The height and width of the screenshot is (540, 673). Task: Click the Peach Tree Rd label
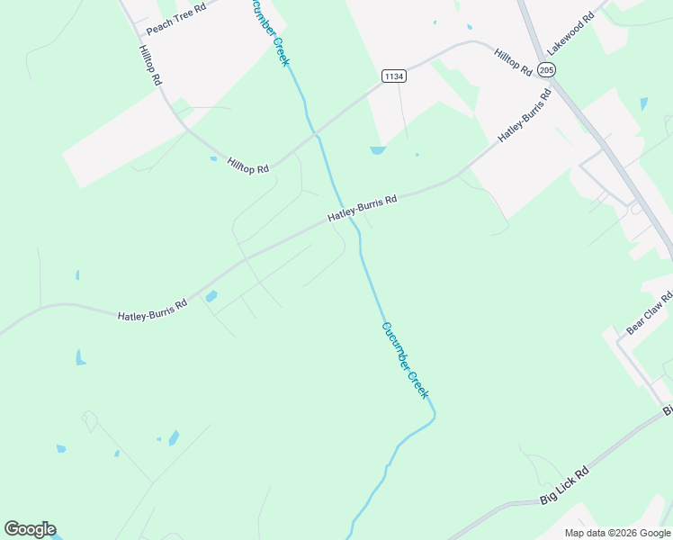point(176,18)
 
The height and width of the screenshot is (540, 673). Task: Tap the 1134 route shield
point(393,76)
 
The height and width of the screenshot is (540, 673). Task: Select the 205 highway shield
point(546,69)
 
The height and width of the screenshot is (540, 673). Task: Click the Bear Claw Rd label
point(649,313)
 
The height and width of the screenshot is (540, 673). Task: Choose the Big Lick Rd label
point(564,485)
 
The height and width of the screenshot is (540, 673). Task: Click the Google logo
point(30,529)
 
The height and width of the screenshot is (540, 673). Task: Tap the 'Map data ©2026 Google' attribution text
point(617,533)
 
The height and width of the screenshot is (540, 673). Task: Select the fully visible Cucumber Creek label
point(405,361)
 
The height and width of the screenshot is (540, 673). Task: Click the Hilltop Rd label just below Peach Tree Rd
point(149,66)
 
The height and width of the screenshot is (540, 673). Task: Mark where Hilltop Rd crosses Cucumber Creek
point(316,134)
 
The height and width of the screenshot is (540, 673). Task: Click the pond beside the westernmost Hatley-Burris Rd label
point(211,296)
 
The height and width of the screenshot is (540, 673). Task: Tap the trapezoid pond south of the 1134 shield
point(377,150)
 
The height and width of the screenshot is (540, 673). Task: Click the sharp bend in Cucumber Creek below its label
point(435,417)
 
